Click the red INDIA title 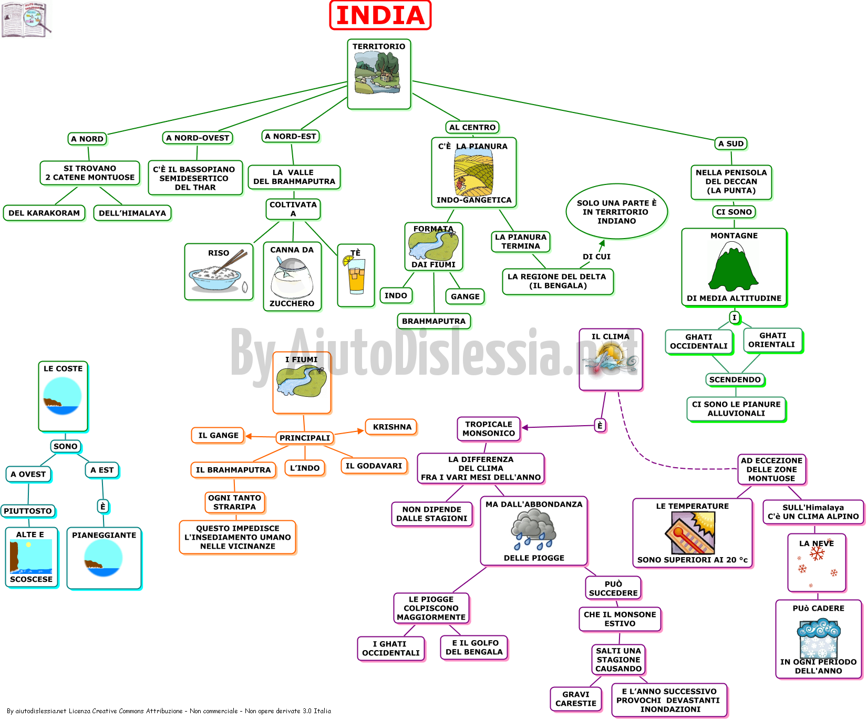coord(380,15)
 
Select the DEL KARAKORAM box coord(44,213)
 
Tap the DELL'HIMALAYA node coord(132,213)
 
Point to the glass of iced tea coord(356,275)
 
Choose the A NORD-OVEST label coord(198,138)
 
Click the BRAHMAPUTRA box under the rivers coord(434,321)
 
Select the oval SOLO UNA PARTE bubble coord(616,212)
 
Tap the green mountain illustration coord(734,266)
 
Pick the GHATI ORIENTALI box coord(772,340)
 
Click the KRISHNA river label coord(392,427)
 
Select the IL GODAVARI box coord(374,466)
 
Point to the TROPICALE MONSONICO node coord(489,429)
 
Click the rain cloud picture coord(533,530)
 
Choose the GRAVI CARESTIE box coord(576,699)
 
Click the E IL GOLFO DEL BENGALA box coord(474,647)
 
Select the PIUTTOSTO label coord(28,511)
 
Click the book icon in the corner coord(26,20)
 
